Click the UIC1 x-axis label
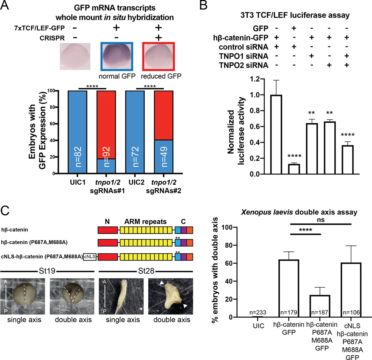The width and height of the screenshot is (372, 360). (x=77, y=182)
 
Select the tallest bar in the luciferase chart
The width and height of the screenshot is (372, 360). (x=276, y=134)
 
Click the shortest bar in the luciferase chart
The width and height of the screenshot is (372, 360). (x=294, y=169)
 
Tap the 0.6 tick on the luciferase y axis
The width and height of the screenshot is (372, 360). (x=255, y=127)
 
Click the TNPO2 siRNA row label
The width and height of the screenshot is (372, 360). (x=244, y=65)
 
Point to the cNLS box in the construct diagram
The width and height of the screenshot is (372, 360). (x=90, y=257)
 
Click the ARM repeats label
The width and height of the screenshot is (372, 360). (x=145, y=222)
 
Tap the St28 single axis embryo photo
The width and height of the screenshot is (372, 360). (x=121, y=296)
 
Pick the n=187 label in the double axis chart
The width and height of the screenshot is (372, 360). (x=320, y=312)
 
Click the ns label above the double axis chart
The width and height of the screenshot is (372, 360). (x=320, y=220)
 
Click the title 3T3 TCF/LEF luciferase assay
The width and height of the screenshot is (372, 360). (x=295, y=15)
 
